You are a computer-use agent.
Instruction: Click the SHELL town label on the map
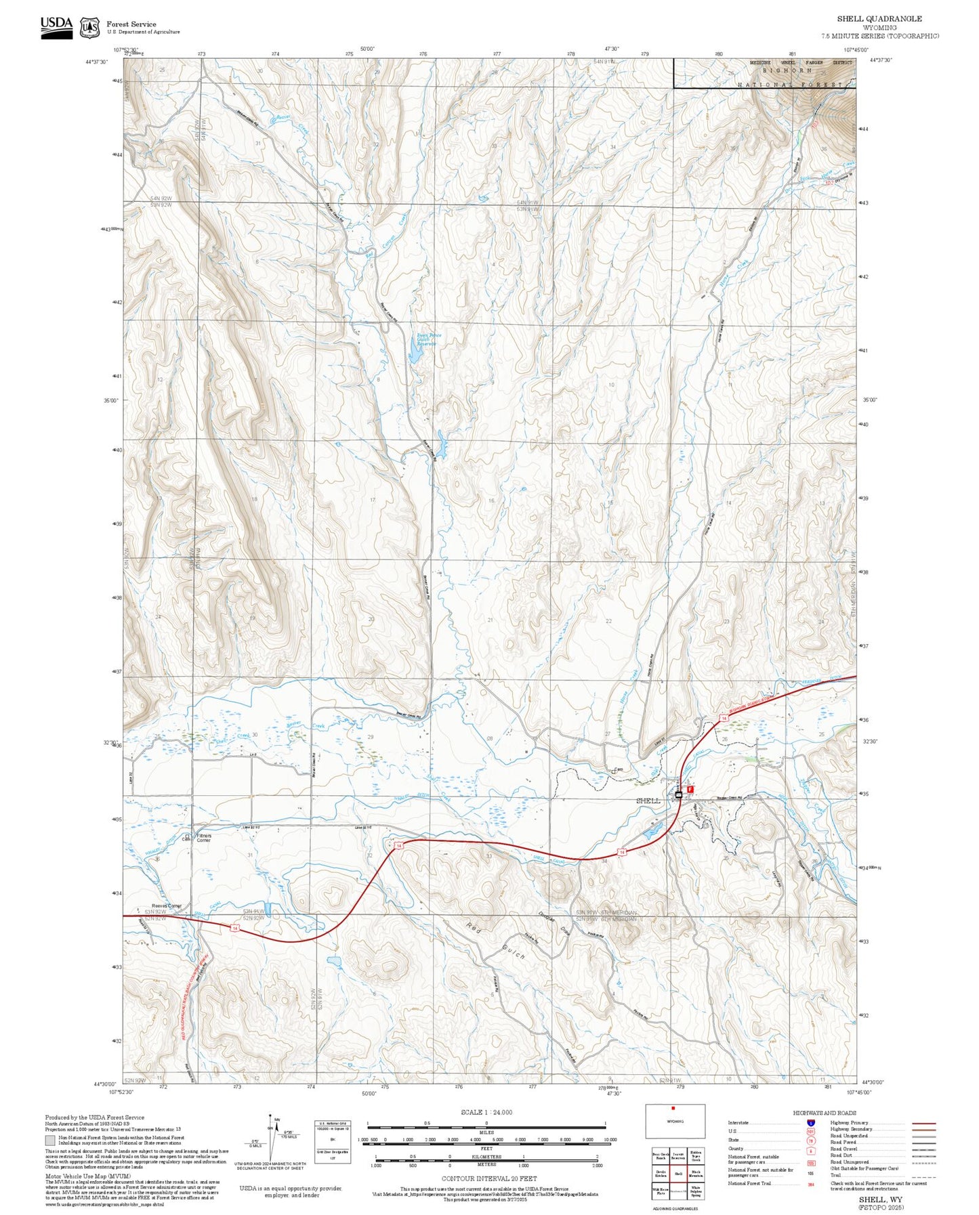coord(648,801)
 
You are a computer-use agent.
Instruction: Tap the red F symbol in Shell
coord(690,789)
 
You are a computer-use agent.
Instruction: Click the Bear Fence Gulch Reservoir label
coord(425,339)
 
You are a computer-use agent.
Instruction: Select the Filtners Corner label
coord(204,838)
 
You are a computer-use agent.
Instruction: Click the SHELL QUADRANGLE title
coord(879,19)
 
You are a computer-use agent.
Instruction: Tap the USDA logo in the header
coord(56,26)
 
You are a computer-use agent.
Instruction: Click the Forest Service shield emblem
coord(89,28)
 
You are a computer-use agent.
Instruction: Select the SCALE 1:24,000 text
coord(486,1112)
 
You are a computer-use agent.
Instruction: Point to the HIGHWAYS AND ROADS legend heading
coord(825,1113)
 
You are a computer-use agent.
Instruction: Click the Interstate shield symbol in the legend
coord(810,1122)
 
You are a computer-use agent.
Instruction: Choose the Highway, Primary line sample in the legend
coord(924,1123)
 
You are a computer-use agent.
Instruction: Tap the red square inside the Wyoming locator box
coord(673,1109)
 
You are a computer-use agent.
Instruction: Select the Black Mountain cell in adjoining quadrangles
coord(696,1174)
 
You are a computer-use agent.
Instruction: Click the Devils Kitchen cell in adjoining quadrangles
coord(661,1174)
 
